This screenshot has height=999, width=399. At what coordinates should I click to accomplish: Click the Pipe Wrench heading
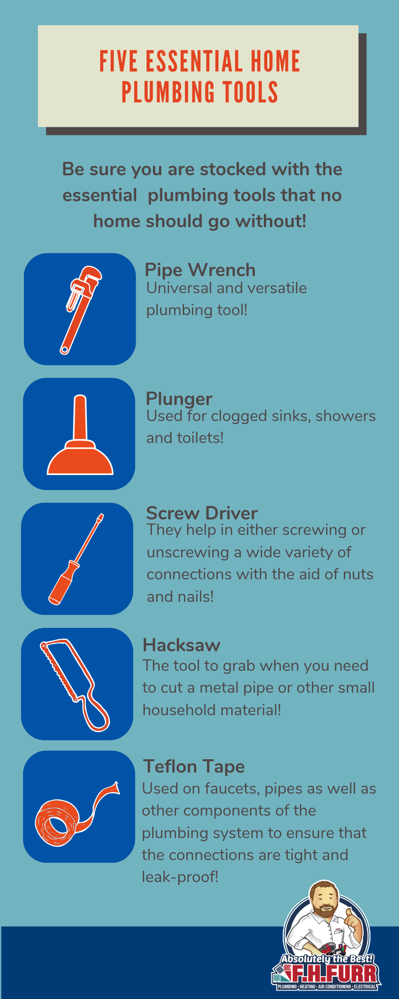200,270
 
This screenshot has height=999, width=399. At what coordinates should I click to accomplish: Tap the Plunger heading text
179,399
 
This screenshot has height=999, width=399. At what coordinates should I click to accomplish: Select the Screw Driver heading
202,513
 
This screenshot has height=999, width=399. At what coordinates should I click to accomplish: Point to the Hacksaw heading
182,645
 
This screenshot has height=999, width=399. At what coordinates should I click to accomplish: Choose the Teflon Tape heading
194,767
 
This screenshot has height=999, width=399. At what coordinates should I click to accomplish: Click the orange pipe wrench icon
80,310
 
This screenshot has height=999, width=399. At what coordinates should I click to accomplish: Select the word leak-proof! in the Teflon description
180,877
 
